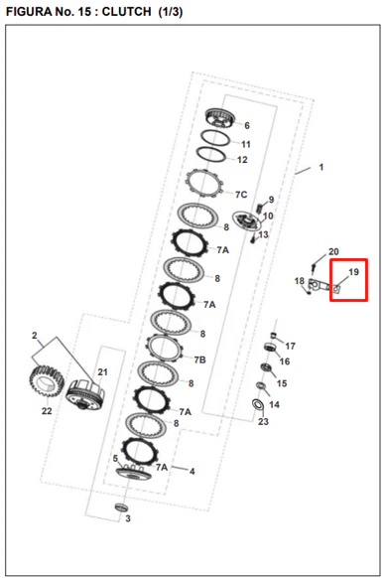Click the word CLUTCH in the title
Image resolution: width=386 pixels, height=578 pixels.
(x=126, y=12)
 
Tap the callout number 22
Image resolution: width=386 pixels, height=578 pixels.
(x=47, y=410)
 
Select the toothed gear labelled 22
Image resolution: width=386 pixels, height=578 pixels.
(x=47, y=380)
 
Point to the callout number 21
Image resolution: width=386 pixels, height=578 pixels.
(x=102, y=372)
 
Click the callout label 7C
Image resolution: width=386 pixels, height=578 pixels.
(x=241, y=195)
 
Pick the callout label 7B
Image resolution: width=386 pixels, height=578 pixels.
(x=199, y=360)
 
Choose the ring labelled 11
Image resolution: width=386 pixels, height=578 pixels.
(x=215, y=139)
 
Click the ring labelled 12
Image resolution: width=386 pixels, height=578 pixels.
(x=210, y=154)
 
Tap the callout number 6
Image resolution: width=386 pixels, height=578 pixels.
(x=247, y=126)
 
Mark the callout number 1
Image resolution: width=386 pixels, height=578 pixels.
(x=322, y=167)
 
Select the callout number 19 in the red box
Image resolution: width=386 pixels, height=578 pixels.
(x=353, y=272)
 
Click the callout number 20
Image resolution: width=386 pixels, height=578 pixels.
(x=333, y=252)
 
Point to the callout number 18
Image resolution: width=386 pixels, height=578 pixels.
(x=299, y=281)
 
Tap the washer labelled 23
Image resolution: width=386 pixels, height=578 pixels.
(x=258, y=404)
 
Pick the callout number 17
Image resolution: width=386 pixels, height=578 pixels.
(x=290, y=346)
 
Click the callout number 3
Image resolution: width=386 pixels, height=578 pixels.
(x=127, y=518)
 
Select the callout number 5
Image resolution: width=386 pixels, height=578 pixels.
(x=115, y=458)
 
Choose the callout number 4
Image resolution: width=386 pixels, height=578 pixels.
(x=192, y=471)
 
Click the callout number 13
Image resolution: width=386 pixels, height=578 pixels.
(x=263, y=234)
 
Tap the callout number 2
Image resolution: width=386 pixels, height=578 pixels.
(x=35, y=336)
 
